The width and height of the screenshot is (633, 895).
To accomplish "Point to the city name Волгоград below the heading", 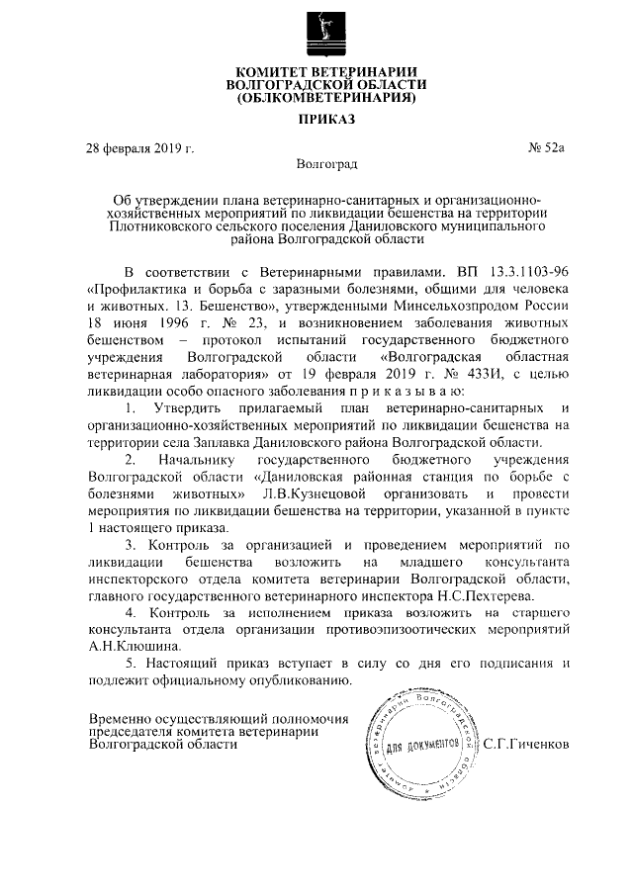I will (x=326, y=163).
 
